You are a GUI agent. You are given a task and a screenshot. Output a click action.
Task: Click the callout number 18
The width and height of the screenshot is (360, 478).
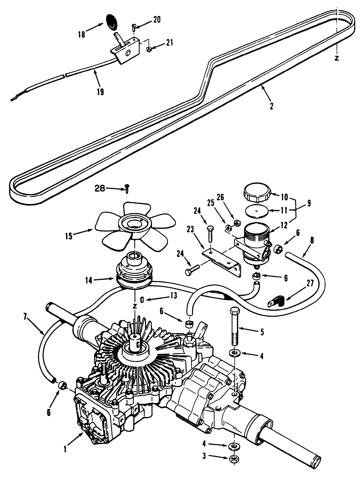click(82, 34)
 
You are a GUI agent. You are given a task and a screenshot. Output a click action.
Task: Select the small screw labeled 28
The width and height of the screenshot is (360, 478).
click(127, 189)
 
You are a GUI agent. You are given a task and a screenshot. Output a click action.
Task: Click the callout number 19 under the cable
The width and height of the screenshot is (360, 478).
click(100, 91)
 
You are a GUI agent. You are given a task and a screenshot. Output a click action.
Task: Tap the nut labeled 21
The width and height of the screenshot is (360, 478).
click(149, 49)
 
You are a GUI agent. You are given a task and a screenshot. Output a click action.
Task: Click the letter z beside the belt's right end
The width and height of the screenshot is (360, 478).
click(337, 58)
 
